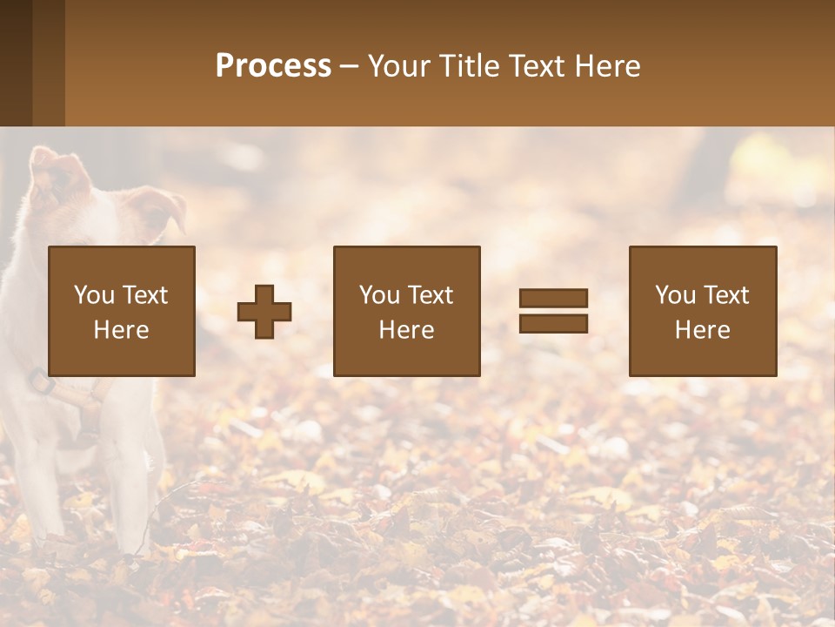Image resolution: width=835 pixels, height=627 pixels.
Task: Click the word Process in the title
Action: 273,66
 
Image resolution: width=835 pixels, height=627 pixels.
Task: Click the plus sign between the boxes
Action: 264,312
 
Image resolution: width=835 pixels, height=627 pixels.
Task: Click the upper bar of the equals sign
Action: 553,298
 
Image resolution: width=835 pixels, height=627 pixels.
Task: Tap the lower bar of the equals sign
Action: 553,324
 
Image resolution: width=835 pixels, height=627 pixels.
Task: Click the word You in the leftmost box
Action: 94,295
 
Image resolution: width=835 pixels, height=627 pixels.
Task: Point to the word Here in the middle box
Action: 406,330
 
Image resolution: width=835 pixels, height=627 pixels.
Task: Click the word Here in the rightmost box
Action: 703,330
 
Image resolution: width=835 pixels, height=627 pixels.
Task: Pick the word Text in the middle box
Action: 431,295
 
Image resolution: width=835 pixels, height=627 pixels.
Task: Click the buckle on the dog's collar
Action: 40,381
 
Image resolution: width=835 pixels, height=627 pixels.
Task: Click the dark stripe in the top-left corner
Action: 16,63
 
